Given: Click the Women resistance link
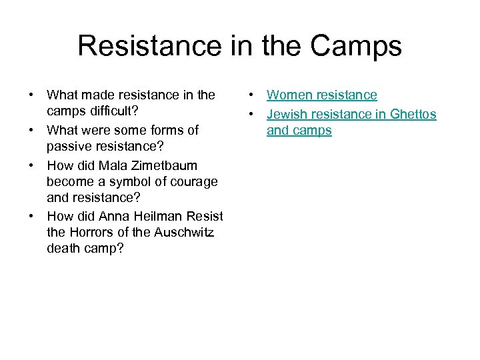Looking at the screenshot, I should point(322,95).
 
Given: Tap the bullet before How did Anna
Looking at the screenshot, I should point(31,216).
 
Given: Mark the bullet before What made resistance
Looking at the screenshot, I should point(31,95).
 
